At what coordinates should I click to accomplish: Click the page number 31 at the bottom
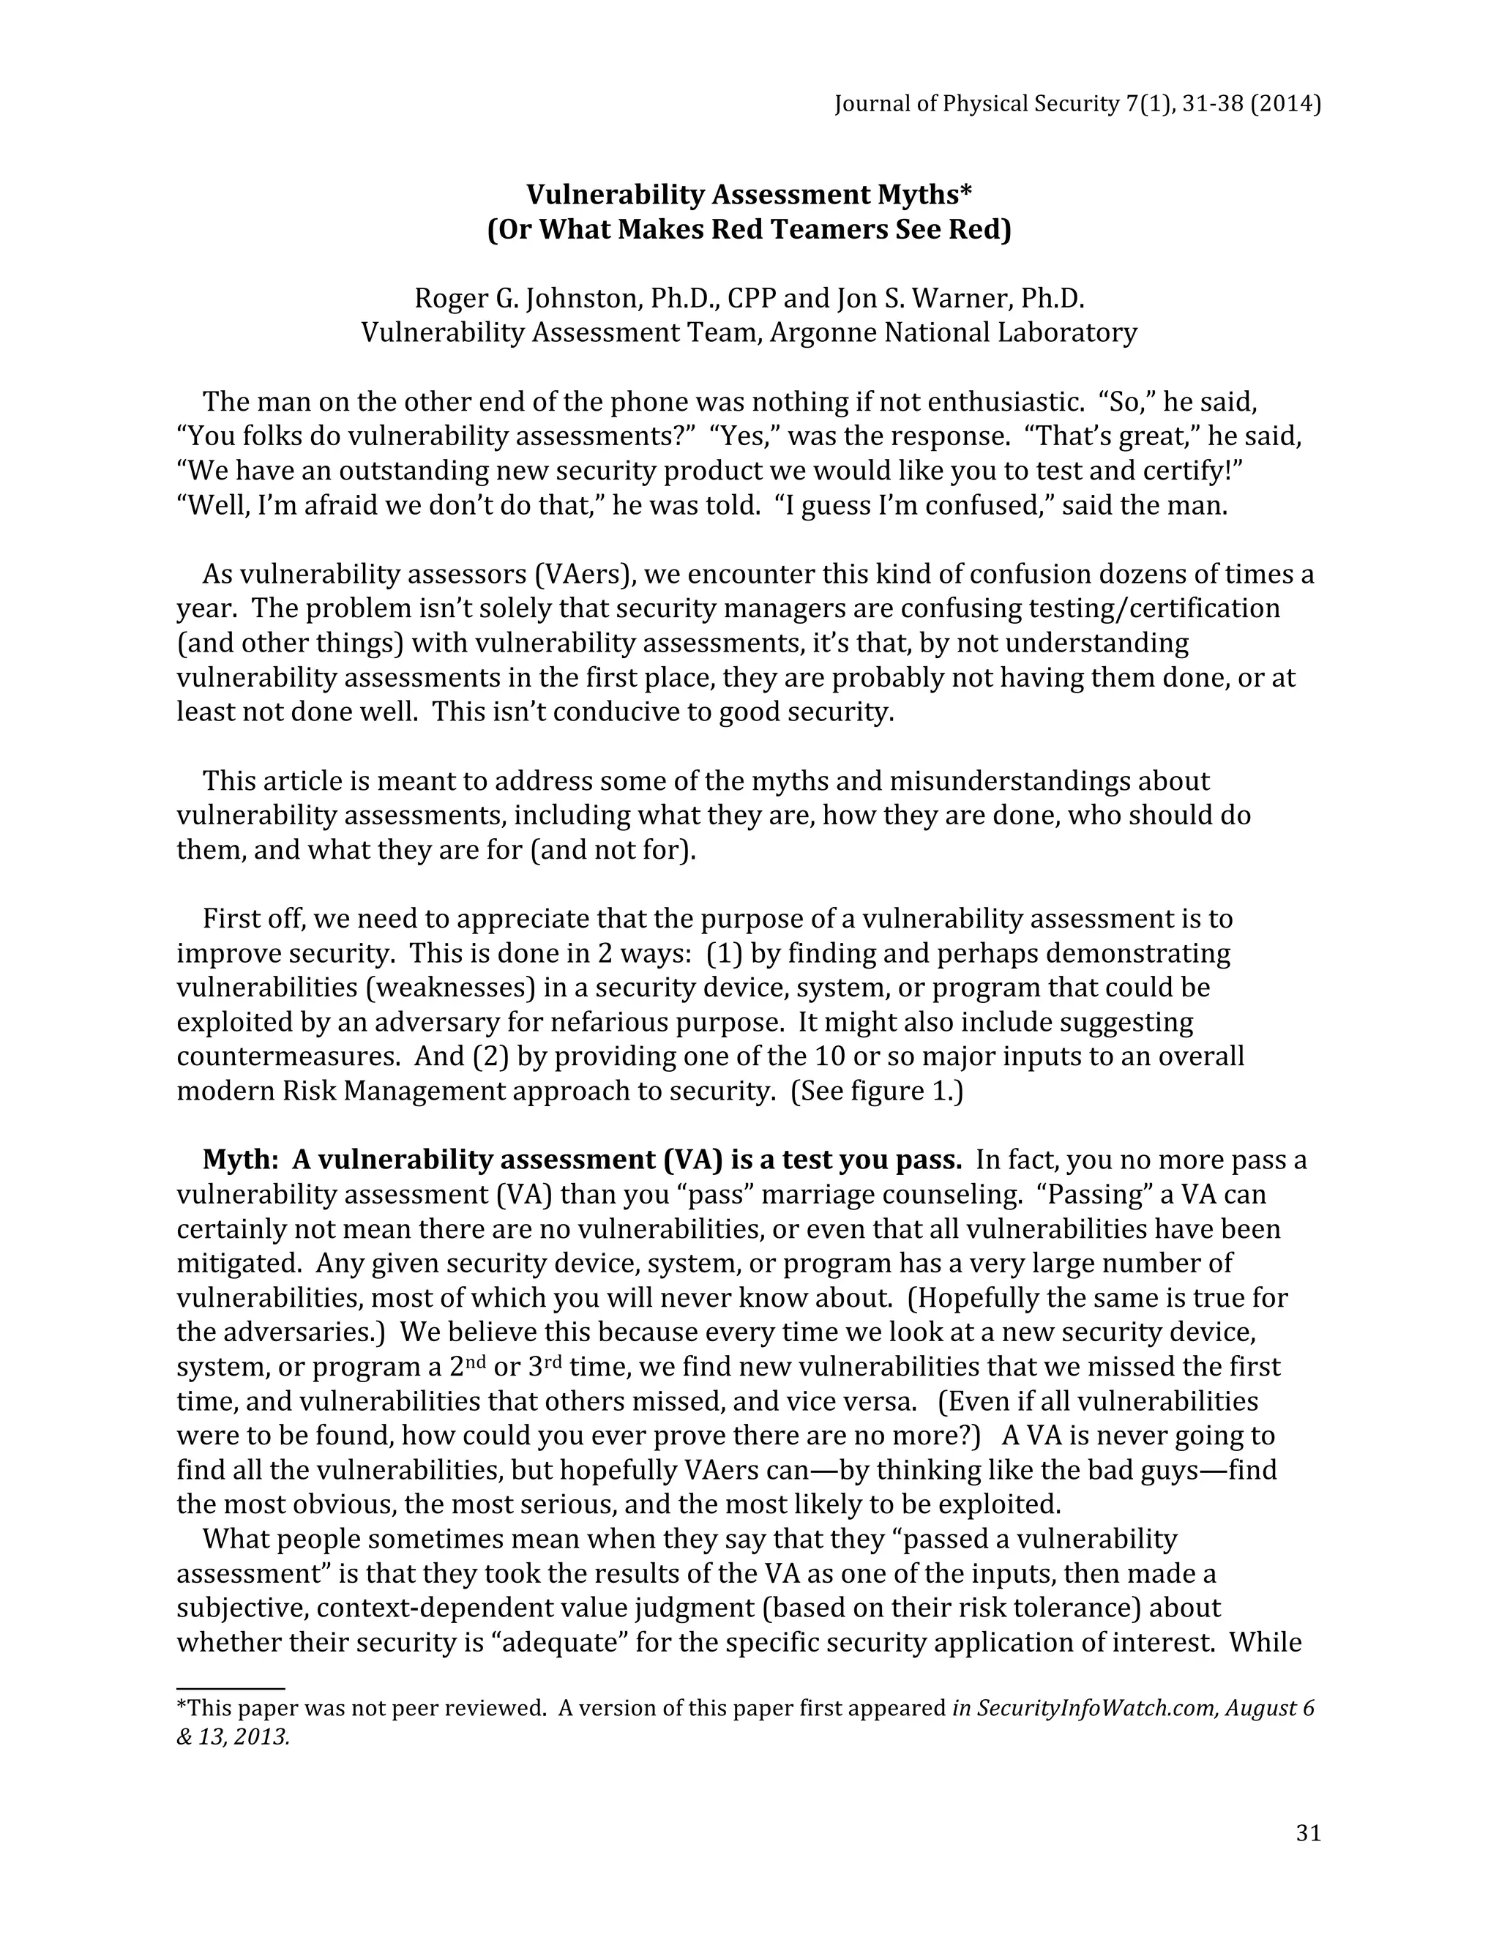[x=1308, y=1833]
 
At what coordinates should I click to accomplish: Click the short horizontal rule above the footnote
[x=230, y=1687]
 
